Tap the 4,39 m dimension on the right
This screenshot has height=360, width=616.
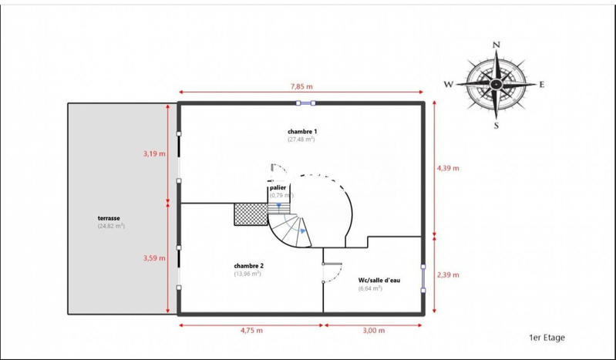pyautogui.click(x=448, y=167)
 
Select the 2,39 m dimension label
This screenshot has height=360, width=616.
pyautogui.click(x=448, y=274)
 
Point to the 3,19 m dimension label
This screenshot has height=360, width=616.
pyautogui.click(x=153, y=153)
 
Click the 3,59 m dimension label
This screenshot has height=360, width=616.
pyautogui.click(x=153, y=258)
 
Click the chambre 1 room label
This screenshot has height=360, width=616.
pyautogui.click(x=301, y=132)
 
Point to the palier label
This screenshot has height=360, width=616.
pyautogui.click(x=278, y=187)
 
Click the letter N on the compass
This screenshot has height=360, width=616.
pyautogui.click(x=497, y=45)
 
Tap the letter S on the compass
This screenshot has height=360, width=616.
pyautogui.click(x=496, y=125)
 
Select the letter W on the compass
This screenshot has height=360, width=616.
pyautogui.click(x=448, y=84)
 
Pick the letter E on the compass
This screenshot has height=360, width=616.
pyautogui.click(x=542, y=84)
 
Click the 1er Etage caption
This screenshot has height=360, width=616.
pyautogui.click(x=546, y=338)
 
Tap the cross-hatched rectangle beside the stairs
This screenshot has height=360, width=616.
pyautogui.click(x=250, y=214)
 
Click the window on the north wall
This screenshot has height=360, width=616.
pyautogui.click(x=305, y=103)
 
